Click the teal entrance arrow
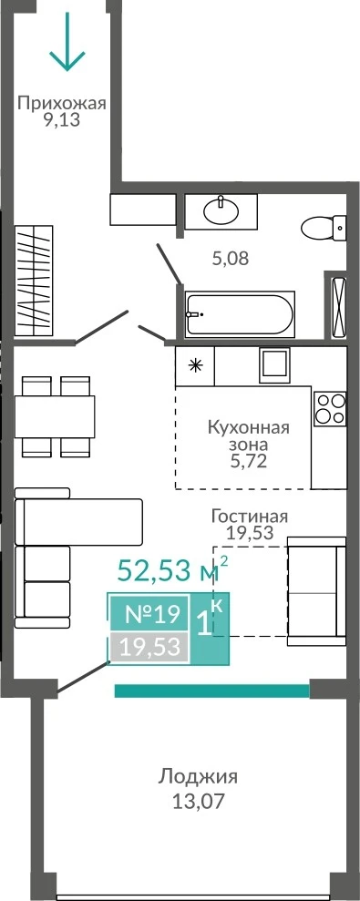tap(67, 40)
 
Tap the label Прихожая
tap(62, 104)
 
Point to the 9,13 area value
tap(62, 120)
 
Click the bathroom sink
tap(221, 210)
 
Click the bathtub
tap(240, 313)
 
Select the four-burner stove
tap(330, 408)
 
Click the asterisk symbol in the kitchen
tap(196, 365)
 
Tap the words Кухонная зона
tap(248, 436)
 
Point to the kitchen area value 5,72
tap(248, 461)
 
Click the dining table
tap(55, 416)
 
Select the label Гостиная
tap(249, 516)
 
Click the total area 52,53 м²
tap(172, 570)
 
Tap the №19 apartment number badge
tap(149, 615)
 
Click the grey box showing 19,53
tap(149, 647)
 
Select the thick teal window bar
tap(212, 691)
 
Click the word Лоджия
tap(198, 778)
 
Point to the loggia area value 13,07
tap(198, 802)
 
